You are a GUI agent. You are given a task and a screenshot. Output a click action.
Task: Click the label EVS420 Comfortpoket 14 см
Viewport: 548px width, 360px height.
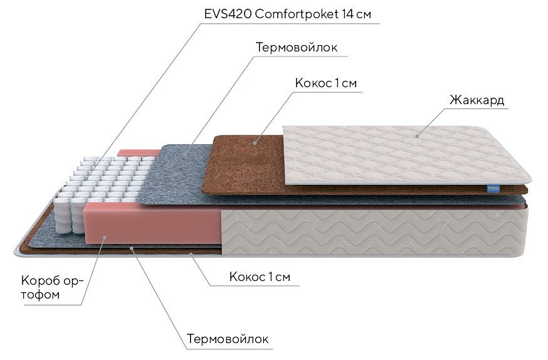click(x=288, y=14)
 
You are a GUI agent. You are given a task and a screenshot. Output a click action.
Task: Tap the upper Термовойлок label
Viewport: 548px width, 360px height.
click(x=297, y=47)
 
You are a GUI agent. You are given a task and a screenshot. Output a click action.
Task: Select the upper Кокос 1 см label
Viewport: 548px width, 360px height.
click(x=325, y=83)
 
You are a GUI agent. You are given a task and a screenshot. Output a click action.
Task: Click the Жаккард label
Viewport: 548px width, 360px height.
click(x=477, y=100)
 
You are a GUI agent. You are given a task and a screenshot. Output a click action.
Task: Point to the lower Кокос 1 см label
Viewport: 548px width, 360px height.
click(x=260, y=277)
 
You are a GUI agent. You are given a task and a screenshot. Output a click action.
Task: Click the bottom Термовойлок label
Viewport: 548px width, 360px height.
click(x=228, y=339)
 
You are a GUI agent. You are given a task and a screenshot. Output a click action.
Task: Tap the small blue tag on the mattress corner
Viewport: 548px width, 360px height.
click(x=493, y=189)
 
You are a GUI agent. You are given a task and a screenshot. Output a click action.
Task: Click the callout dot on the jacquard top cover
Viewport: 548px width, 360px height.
click(x=418, y=136)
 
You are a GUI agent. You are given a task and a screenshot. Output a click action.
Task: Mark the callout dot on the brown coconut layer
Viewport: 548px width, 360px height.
click(x=255, y=142)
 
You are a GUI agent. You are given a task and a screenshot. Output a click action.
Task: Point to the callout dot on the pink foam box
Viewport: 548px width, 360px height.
click(x=105, y=238)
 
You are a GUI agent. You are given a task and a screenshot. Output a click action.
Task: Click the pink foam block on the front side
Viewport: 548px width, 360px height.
click(x=152, y=224)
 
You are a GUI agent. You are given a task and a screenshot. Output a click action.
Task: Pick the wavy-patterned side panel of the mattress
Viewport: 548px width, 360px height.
click(x=374, y=231)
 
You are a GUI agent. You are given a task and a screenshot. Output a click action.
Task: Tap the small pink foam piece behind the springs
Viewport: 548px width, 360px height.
click(x=138, y=153)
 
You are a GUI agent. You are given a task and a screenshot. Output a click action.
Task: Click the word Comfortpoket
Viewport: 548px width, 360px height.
click(x=297, y=14)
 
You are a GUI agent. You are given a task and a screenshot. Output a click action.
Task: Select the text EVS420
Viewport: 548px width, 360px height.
click(x=228, y=14)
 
